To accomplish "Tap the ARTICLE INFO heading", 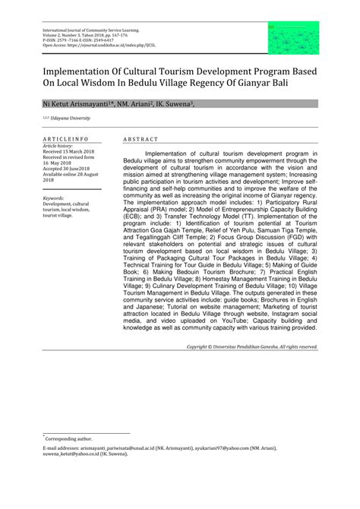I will (65, 140).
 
